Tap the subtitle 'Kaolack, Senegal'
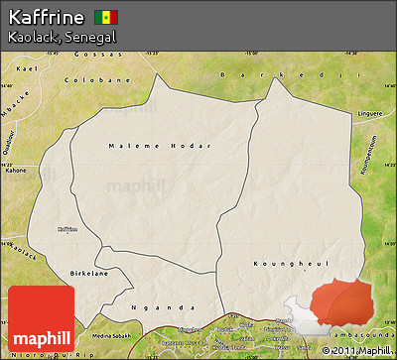[x=62, y=37]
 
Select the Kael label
[x=27, y=68]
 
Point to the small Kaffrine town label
[x=66, y=229]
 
